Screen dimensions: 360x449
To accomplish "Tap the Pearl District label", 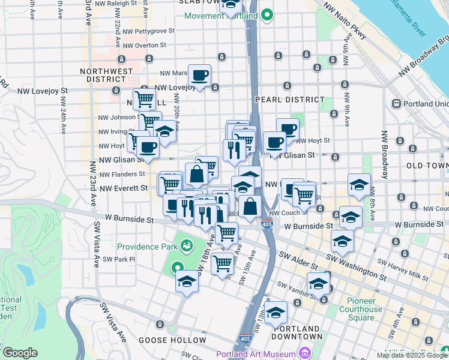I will [289, 100].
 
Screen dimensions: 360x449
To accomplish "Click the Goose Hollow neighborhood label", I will [164, 340].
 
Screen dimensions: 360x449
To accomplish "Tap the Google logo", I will [20, 353].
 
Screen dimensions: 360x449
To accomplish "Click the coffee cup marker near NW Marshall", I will [200, 76].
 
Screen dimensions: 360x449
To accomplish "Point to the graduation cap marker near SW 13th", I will [276, 313].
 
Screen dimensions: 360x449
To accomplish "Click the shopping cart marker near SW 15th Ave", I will [223, 262].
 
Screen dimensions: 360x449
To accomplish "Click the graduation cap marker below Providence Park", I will [187, 281].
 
